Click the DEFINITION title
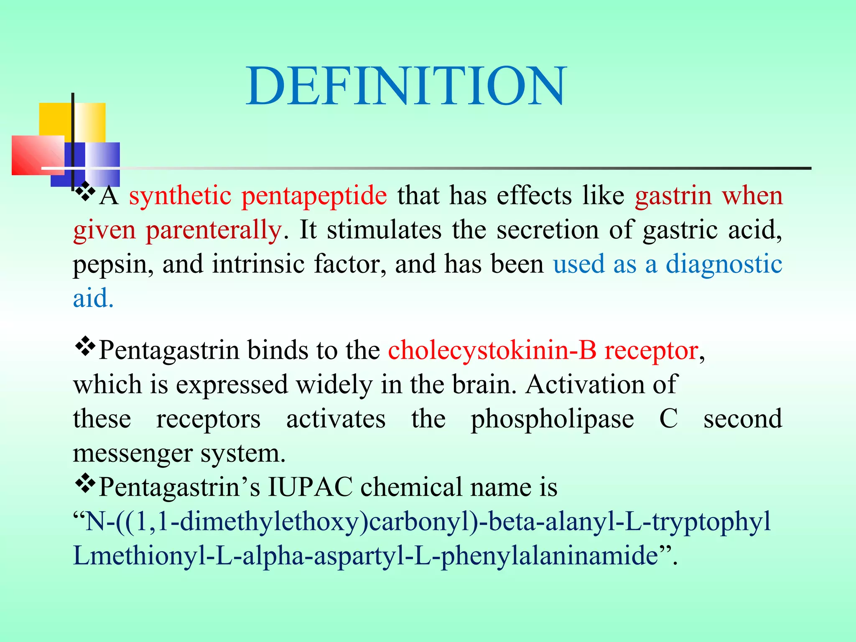(405, 87)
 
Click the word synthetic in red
(180, 196)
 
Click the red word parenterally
(214, 231)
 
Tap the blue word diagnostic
(724, 264)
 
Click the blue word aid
(93, 298)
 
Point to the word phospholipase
(552, 420)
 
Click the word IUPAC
(310, 487)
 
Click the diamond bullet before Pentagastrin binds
(85, 346)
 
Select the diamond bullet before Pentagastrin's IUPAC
(85, 484)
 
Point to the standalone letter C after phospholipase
(668, 419)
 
